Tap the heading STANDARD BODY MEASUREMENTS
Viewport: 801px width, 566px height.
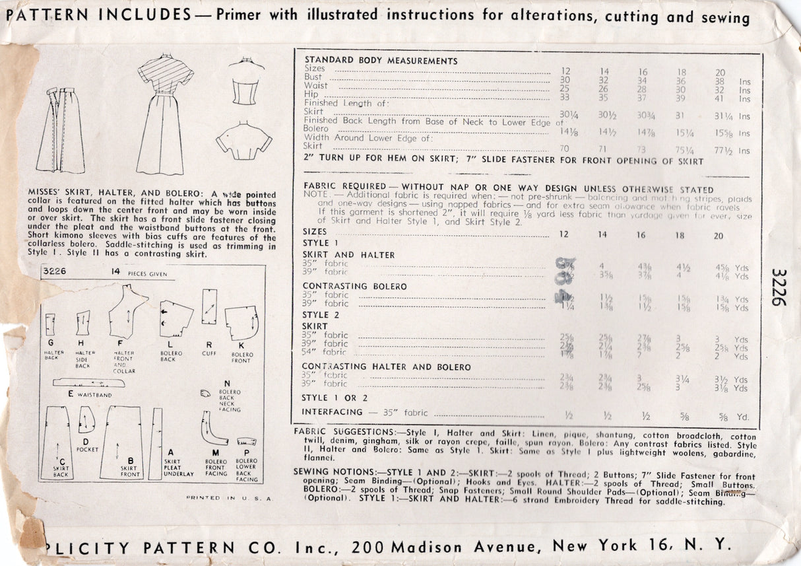point(381,61)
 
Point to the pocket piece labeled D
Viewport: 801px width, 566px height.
point(86,419)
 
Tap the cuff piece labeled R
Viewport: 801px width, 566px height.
point(210,306)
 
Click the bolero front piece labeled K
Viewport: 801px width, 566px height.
point(241,324)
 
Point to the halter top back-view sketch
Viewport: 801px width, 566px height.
point(245,84)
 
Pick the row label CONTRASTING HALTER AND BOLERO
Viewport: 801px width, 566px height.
point(386,367)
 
